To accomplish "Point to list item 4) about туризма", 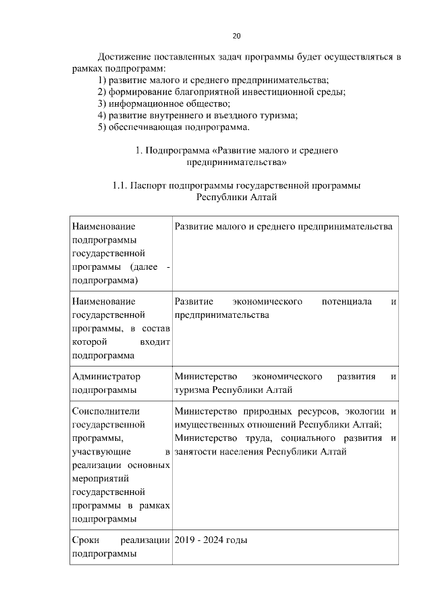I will (x=197, y=115).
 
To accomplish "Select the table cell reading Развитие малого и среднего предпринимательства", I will (x=283, y=227).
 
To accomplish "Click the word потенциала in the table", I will (x=347, y=302).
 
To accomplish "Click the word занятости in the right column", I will (x=196, y=452).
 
